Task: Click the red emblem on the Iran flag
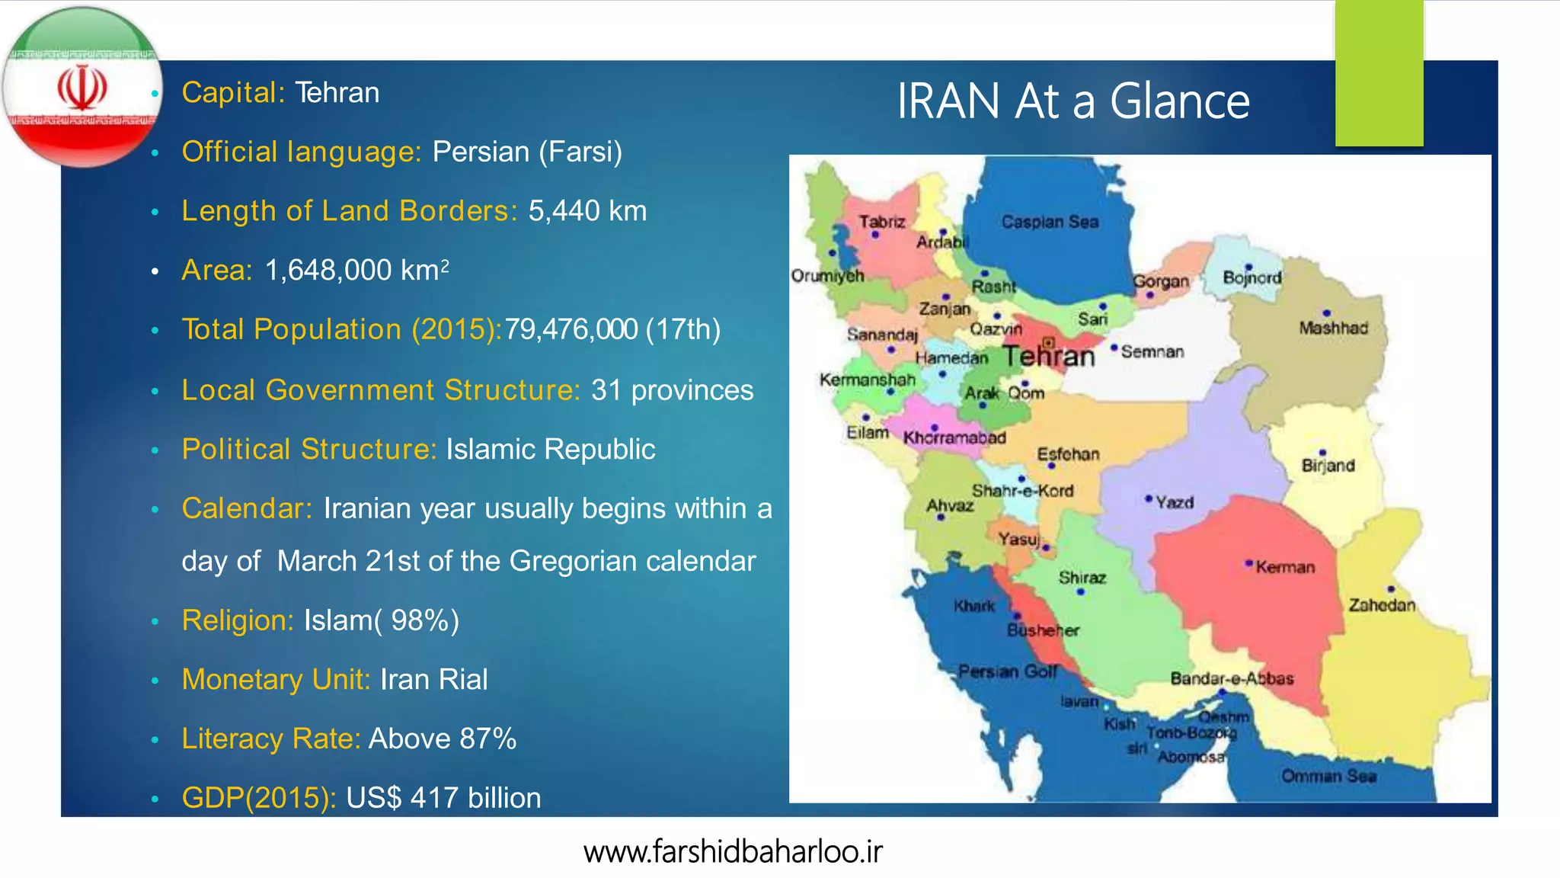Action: [82, 88]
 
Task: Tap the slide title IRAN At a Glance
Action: [1072, 101]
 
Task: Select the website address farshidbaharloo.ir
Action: [733, 851]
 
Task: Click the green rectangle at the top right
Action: [1379, 73]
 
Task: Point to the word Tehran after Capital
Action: [337, 93]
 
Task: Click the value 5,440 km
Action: [587, 211]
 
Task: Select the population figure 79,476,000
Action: [571, 329]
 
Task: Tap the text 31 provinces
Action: [672, 390]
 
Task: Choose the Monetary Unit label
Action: [276, 679]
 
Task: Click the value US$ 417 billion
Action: [443, 798]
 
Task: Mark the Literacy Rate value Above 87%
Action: [443, 739]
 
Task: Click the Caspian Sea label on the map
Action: [1050, 222]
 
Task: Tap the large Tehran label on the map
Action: [1048, 356]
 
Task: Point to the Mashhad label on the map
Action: [1333, 328]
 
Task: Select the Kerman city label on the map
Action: [1285, 567]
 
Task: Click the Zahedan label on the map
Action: [1382, 605]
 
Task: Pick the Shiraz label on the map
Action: [1082, 578]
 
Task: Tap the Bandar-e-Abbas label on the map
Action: [1232, 678]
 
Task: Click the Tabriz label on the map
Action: [882, 222]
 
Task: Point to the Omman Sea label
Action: [1328, 776]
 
